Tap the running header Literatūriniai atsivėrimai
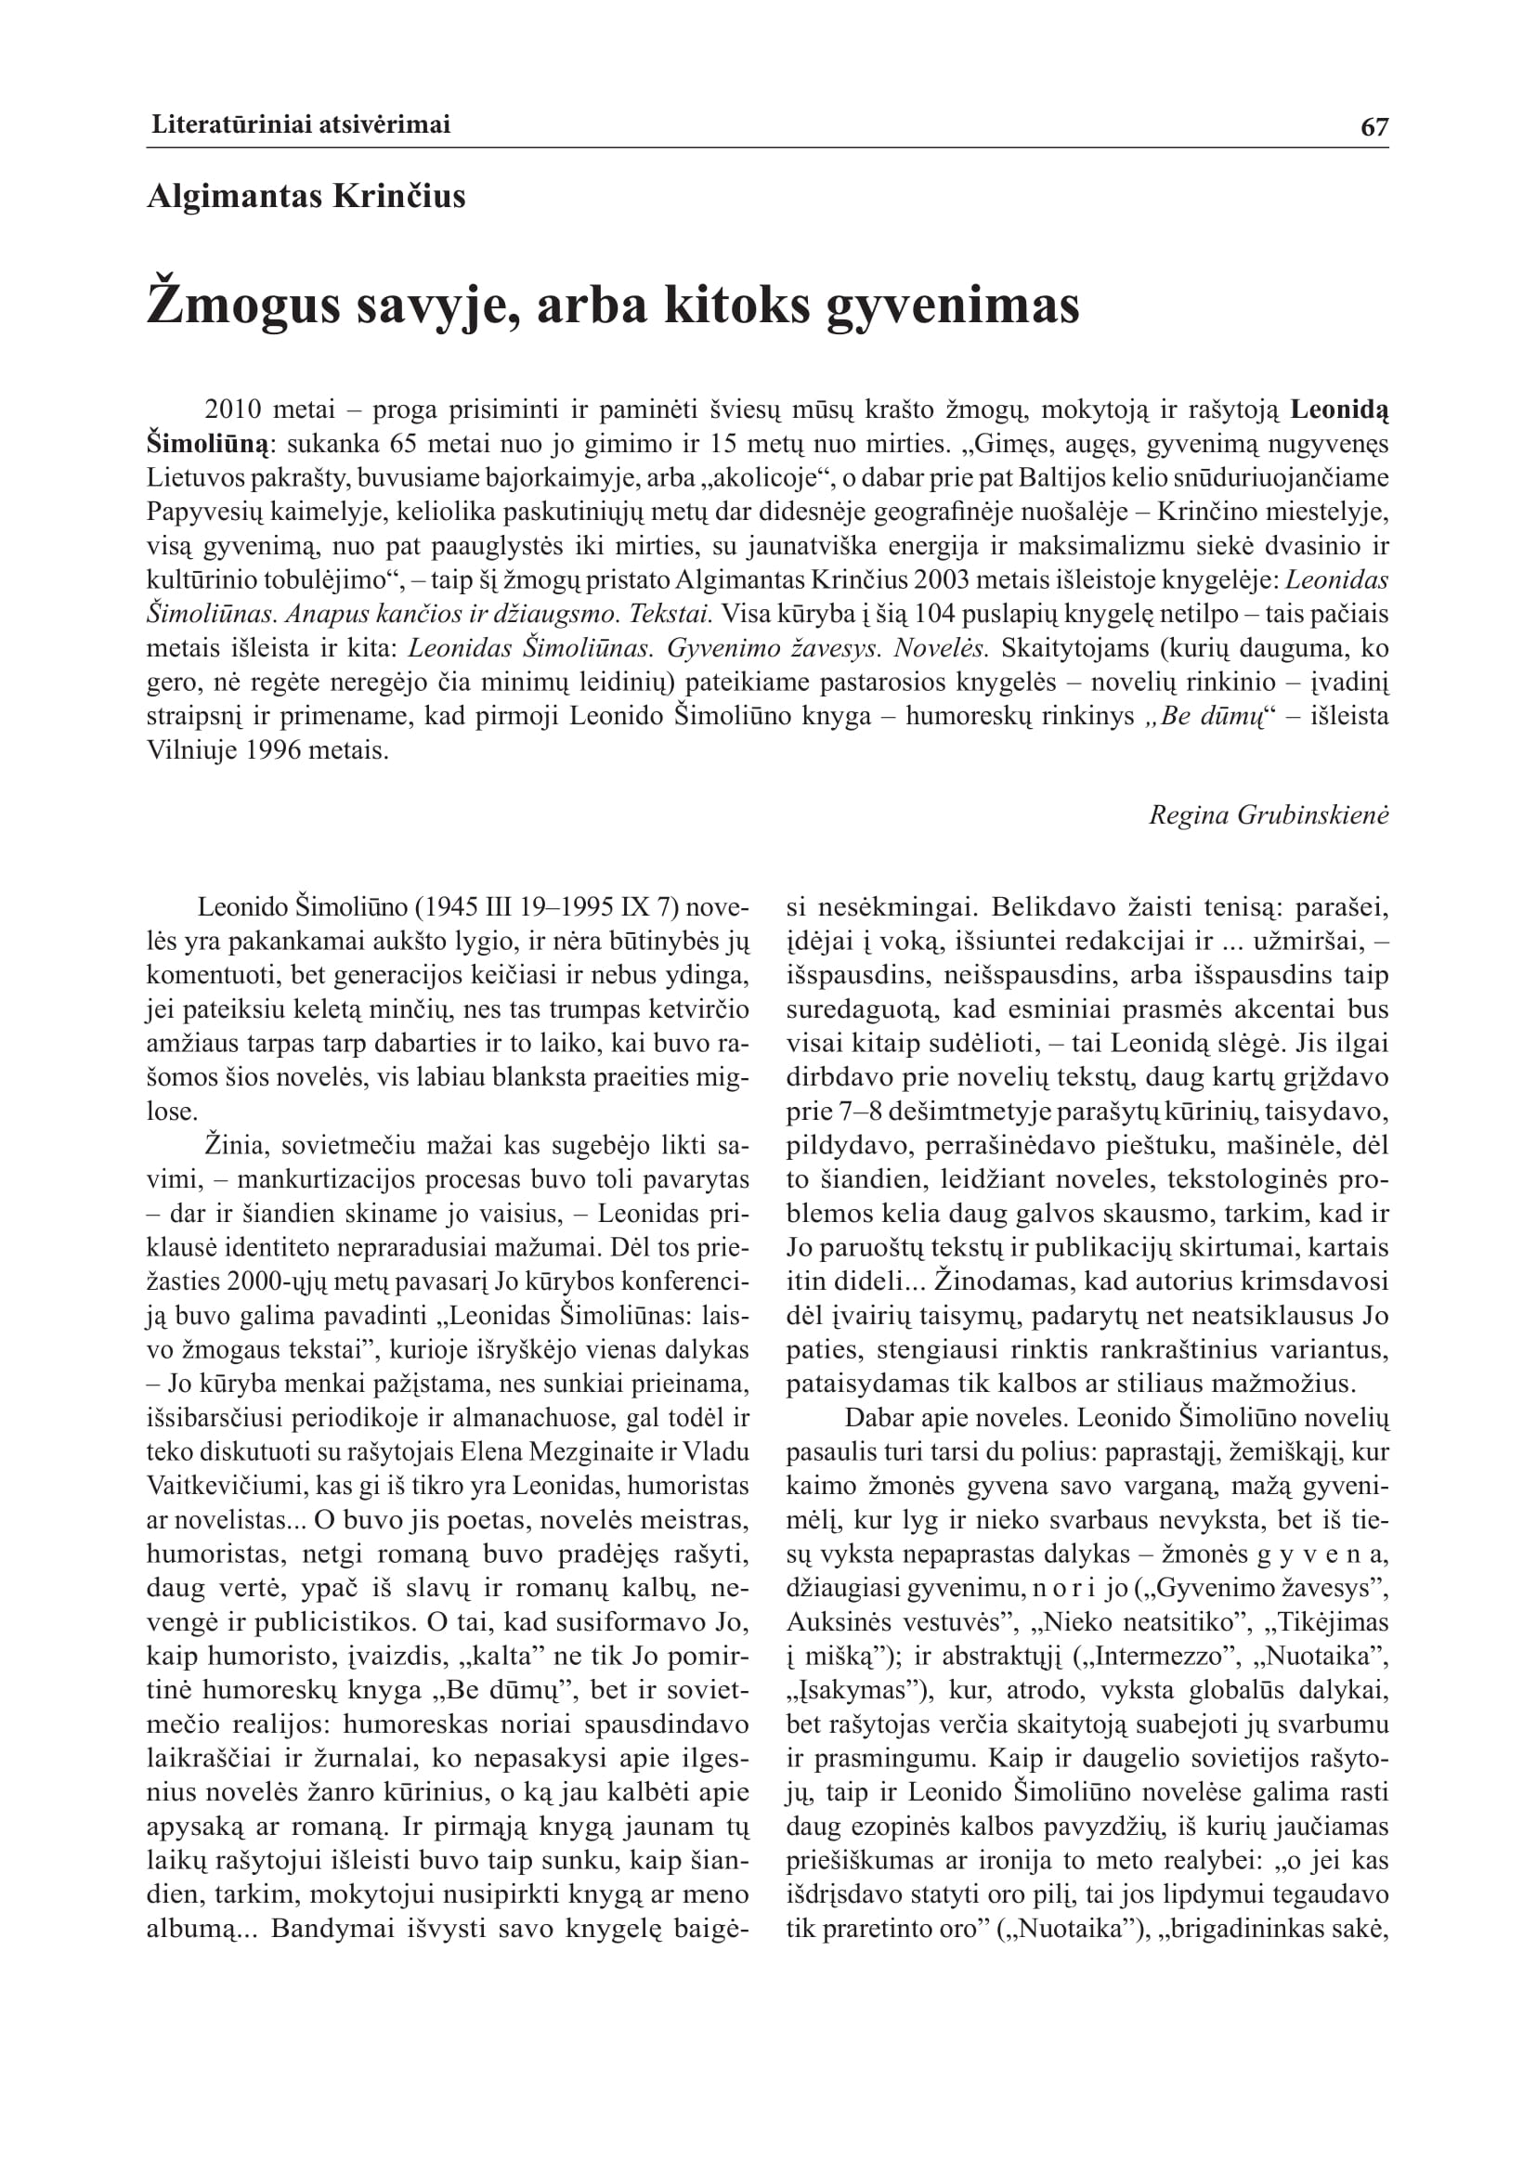[x=301, y=124]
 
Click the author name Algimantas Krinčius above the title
[x=306, y=197]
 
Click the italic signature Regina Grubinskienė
[x=1269, y=814]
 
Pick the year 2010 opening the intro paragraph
[x=233, y=410]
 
